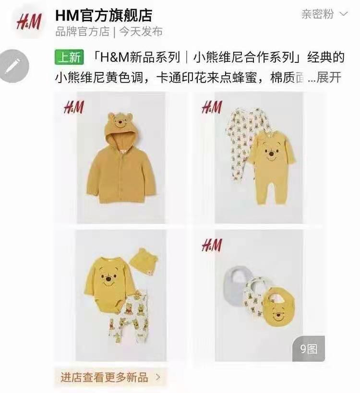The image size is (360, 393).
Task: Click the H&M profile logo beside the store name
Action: coord(29,22)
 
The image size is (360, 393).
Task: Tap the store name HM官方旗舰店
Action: coord(104,15)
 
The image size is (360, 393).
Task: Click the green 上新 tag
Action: coord(70,57)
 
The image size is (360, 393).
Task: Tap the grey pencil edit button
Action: coord(14,66)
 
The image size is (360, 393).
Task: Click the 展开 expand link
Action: coord(329,77)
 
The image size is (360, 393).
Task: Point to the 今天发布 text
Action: coord(141,32)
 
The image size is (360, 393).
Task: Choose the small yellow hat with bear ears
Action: coord(144,262)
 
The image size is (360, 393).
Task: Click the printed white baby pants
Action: coord(129,318)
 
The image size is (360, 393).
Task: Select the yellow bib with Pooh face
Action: coord(279,307)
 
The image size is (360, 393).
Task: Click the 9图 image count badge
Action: coord(309,349)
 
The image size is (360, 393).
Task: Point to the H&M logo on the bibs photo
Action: coord(212,245)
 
